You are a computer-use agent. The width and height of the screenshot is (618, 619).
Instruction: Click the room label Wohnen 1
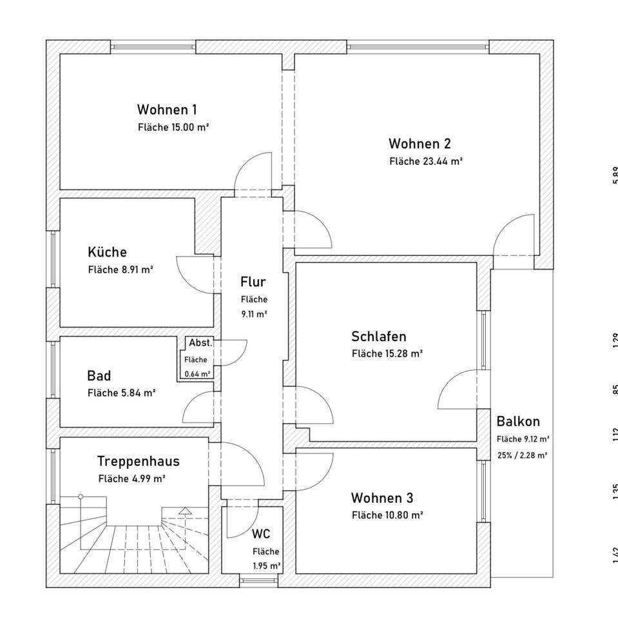[167, 110]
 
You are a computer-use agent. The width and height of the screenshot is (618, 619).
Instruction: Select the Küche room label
[107, 252]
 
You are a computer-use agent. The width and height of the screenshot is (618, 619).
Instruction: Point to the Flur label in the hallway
[253, 282]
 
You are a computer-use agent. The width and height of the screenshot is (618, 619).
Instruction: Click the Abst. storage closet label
[200, 343]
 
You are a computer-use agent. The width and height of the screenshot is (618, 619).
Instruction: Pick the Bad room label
[99, 375]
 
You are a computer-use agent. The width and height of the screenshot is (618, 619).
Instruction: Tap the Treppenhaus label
[138, 461]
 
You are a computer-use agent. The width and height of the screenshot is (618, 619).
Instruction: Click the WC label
[260, 534]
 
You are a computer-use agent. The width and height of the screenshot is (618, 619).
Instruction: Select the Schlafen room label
[378, 336]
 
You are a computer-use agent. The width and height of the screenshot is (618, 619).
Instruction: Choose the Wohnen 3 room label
[382, 498]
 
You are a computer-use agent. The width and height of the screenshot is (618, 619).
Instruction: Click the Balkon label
[518, 422]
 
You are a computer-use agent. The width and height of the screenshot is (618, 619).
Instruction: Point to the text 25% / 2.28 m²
[522, 455]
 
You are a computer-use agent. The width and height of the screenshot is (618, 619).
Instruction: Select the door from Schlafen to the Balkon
[458, 390]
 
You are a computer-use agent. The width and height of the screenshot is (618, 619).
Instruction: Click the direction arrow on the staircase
[185, 511]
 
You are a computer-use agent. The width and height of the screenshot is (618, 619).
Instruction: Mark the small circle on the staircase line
[81, 496]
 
